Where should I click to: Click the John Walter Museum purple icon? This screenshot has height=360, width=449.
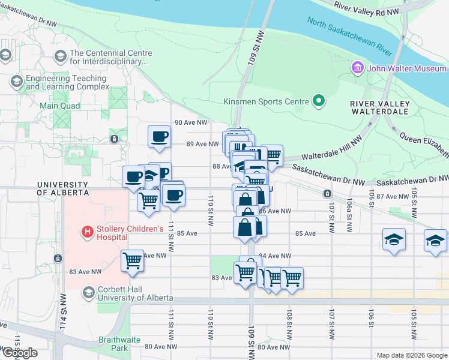tap(358, 68)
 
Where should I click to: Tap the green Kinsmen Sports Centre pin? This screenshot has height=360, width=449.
tap(318, 101)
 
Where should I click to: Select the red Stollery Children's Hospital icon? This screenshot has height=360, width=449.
tap(87, 230)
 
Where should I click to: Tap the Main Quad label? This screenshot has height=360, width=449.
tap(59, 106)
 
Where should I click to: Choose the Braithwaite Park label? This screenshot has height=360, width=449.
tap(119, 344)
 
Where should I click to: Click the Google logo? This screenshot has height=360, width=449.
tap(20, 353)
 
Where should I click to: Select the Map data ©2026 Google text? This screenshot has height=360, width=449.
tap(411, 355)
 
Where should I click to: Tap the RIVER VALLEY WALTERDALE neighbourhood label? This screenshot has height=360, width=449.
tap(380, 108)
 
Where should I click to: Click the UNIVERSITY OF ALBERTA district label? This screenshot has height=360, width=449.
tap(62, 188)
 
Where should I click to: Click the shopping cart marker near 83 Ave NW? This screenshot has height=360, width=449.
tap(132, 261)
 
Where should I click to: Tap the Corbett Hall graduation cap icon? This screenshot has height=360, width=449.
tap(88, 292)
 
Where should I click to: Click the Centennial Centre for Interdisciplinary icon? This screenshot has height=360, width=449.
tap(60, 57)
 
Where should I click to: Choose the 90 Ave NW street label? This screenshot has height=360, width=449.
tap(190, 122)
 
